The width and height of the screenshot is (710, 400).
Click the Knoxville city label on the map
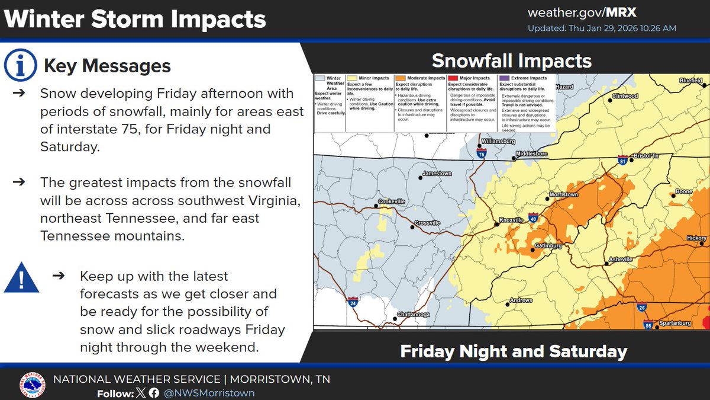pos(512,220)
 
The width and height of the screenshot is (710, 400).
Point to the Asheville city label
pos(624,261)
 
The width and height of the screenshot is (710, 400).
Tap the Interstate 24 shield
pos(353,302)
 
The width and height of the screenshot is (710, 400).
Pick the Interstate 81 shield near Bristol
pos(622,160)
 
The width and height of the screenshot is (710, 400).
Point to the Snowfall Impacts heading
pos(511,60)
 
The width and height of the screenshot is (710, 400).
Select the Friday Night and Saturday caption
pos(513,351)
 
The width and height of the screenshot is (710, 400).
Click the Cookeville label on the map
pos(392,201)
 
